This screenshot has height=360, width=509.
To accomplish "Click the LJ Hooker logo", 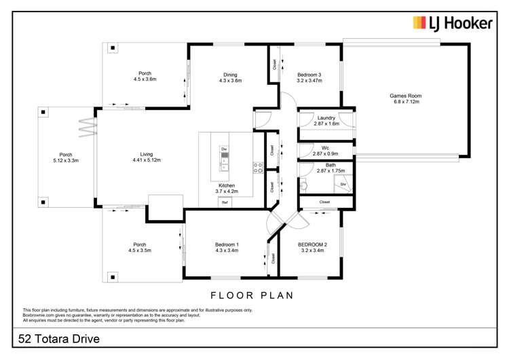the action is (x=453, y=23).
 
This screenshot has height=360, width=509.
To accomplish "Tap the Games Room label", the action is (x=405, y=96).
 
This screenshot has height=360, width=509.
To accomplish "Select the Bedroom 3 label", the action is (x=309, y=75).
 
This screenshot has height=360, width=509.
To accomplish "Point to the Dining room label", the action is (x=230, y=75).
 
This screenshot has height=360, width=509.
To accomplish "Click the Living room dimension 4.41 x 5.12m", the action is (x=147, y=160).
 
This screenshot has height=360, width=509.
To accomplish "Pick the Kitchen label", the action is (x=227, y=185).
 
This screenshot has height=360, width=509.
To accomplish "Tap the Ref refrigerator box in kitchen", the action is (x=225, y=202).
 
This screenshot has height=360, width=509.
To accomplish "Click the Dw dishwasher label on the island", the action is (x=224, y=149).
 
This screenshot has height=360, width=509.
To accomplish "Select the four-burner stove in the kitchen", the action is (x=258, y=168).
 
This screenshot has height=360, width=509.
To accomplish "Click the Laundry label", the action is (x=326, y=118).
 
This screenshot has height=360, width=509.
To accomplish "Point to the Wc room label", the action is (x=325, y=148).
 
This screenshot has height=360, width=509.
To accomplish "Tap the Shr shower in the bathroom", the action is (x=343, y=184).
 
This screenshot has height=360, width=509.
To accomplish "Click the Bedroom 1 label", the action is (x=227, y=245).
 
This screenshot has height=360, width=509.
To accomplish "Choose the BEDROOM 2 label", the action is (x=312, y=245).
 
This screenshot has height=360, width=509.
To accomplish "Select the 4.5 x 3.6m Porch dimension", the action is (x=145, y=79).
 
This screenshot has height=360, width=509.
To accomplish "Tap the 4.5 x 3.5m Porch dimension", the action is (x=140, y=251).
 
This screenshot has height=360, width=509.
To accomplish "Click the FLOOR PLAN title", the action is (x=252, y=295).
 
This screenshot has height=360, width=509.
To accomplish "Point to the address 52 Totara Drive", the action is (x=59, y=339).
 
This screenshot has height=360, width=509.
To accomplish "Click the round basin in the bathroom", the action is (x=304, y=186).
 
